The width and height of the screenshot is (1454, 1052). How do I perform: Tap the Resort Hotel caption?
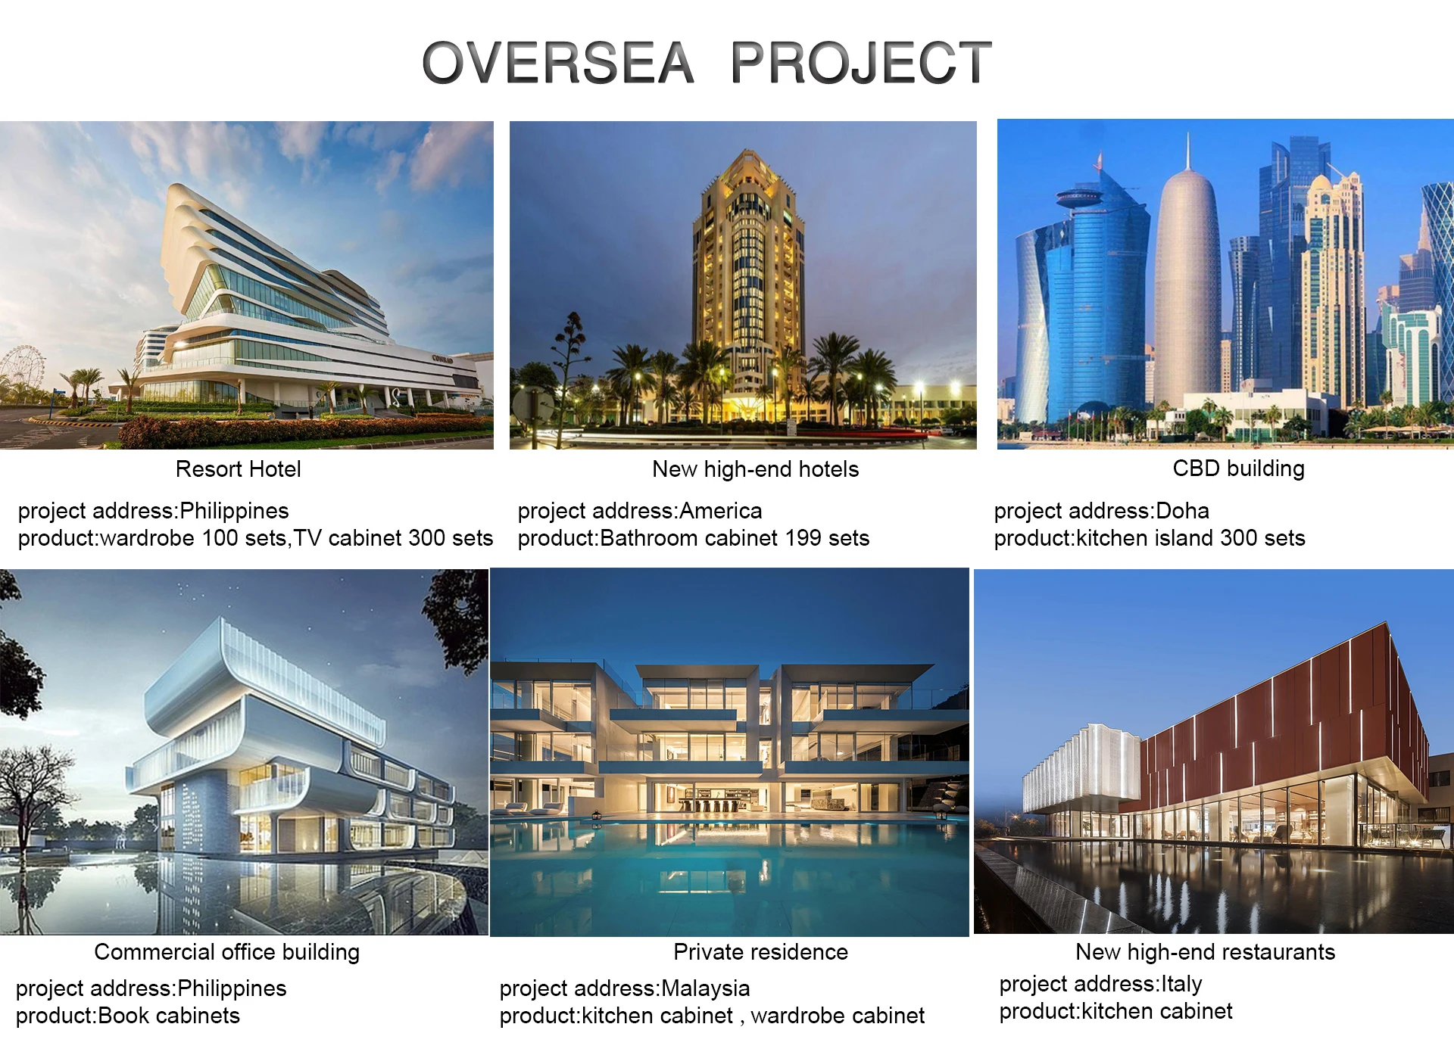click(x=239, y=469)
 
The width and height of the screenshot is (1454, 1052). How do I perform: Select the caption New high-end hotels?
click(x=756, y=470)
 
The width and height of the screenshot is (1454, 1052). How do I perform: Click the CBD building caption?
click(x=1239, y=468)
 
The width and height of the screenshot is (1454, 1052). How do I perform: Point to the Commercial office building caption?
click(x=227, y=952)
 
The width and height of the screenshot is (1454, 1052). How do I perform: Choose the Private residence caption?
click(x=761, y=952)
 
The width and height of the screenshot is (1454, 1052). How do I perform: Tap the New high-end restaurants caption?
click(x=1206, y=952)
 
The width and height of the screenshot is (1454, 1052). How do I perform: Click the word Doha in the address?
click(x=1182, y=511)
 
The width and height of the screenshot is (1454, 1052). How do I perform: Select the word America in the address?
click(x=721, y=511)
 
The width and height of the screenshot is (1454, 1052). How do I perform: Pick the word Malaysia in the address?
click(x=706, y=988)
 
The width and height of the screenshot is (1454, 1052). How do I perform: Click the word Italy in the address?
click(x=1181, y=984)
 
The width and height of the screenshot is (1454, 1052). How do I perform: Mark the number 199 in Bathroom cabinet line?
click(x=803, y=538)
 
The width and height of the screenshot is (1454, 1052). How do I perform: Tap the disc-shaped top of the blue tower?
click(x=1078, y=199)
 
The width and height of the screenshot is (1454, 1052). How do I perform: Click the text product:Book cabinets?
click(x=128, y=1016)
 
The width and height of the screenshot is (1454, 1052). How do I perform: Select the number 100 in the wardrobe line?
click(x=221, y=538)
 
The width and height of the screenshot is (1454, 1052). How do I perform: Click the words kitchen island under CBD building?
click(x=1145, y=538)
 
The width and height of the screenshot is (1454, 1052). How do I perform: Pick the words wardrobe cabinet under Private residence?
click(x=838, y=1016)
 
